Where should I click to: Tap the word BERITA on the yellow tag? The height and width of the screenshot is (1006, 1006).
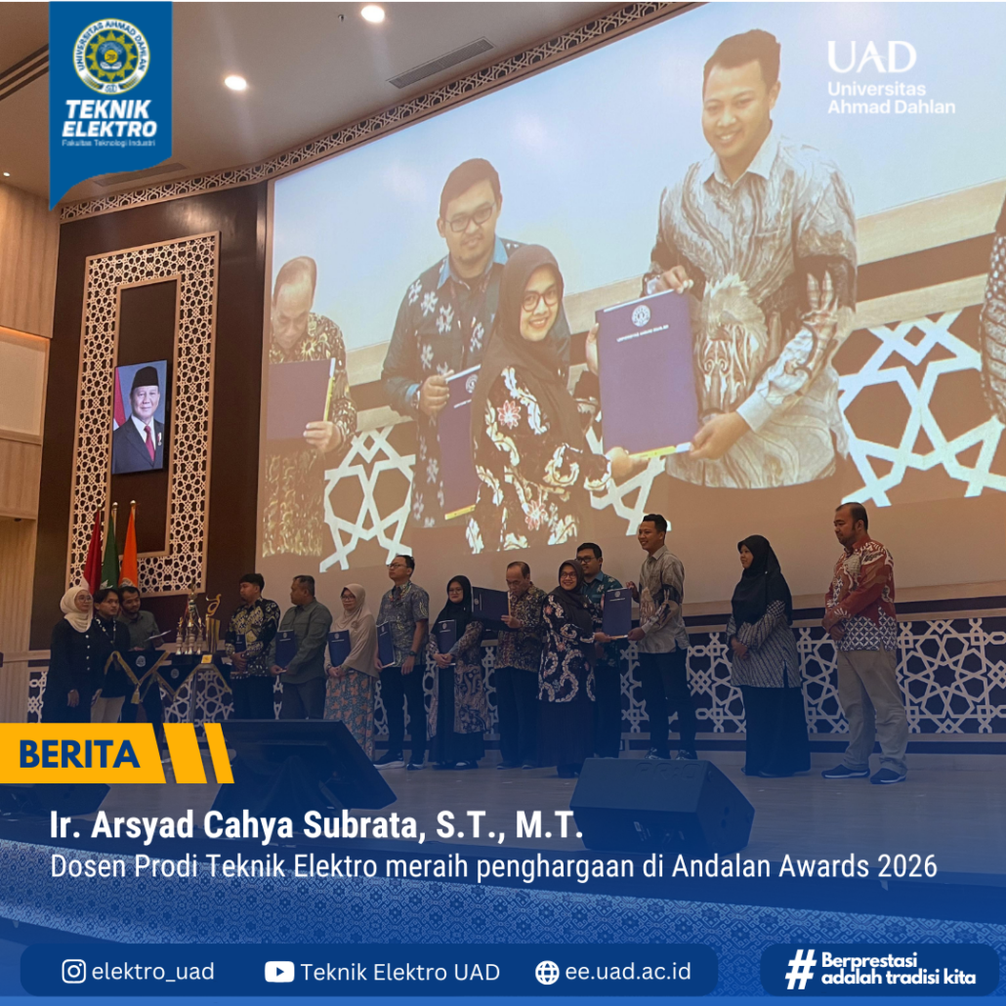[79, 754]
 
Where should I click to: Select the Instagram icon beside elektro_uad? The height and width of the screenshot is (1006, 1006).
[74, 971]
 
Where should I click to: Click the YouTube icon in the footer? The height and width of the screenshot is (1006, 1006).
[279, 972]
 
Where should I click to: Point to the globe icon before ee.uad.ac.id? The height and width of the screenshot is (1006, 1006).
[547, 972]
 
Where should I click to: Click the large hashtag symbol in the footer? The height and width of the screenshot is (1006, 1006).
[800, 969]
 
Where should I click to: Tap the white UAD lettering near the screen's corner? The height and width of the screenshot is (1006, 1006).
[871, 57]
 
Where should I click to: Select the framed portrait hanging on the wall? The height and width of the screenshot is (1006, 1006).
[140, 416]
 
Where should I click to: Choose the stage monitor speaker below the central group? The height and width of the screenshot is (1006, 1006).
[661, 804]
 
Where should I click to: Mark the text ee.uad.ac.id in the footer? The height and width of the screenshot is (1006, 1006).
[627, 972]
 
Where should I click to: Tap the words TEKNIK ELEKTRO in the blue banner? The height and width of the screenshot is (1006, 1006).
[109, 119]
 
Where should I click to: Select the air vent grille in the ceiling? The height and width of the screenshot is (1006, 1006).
[440, 63]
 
